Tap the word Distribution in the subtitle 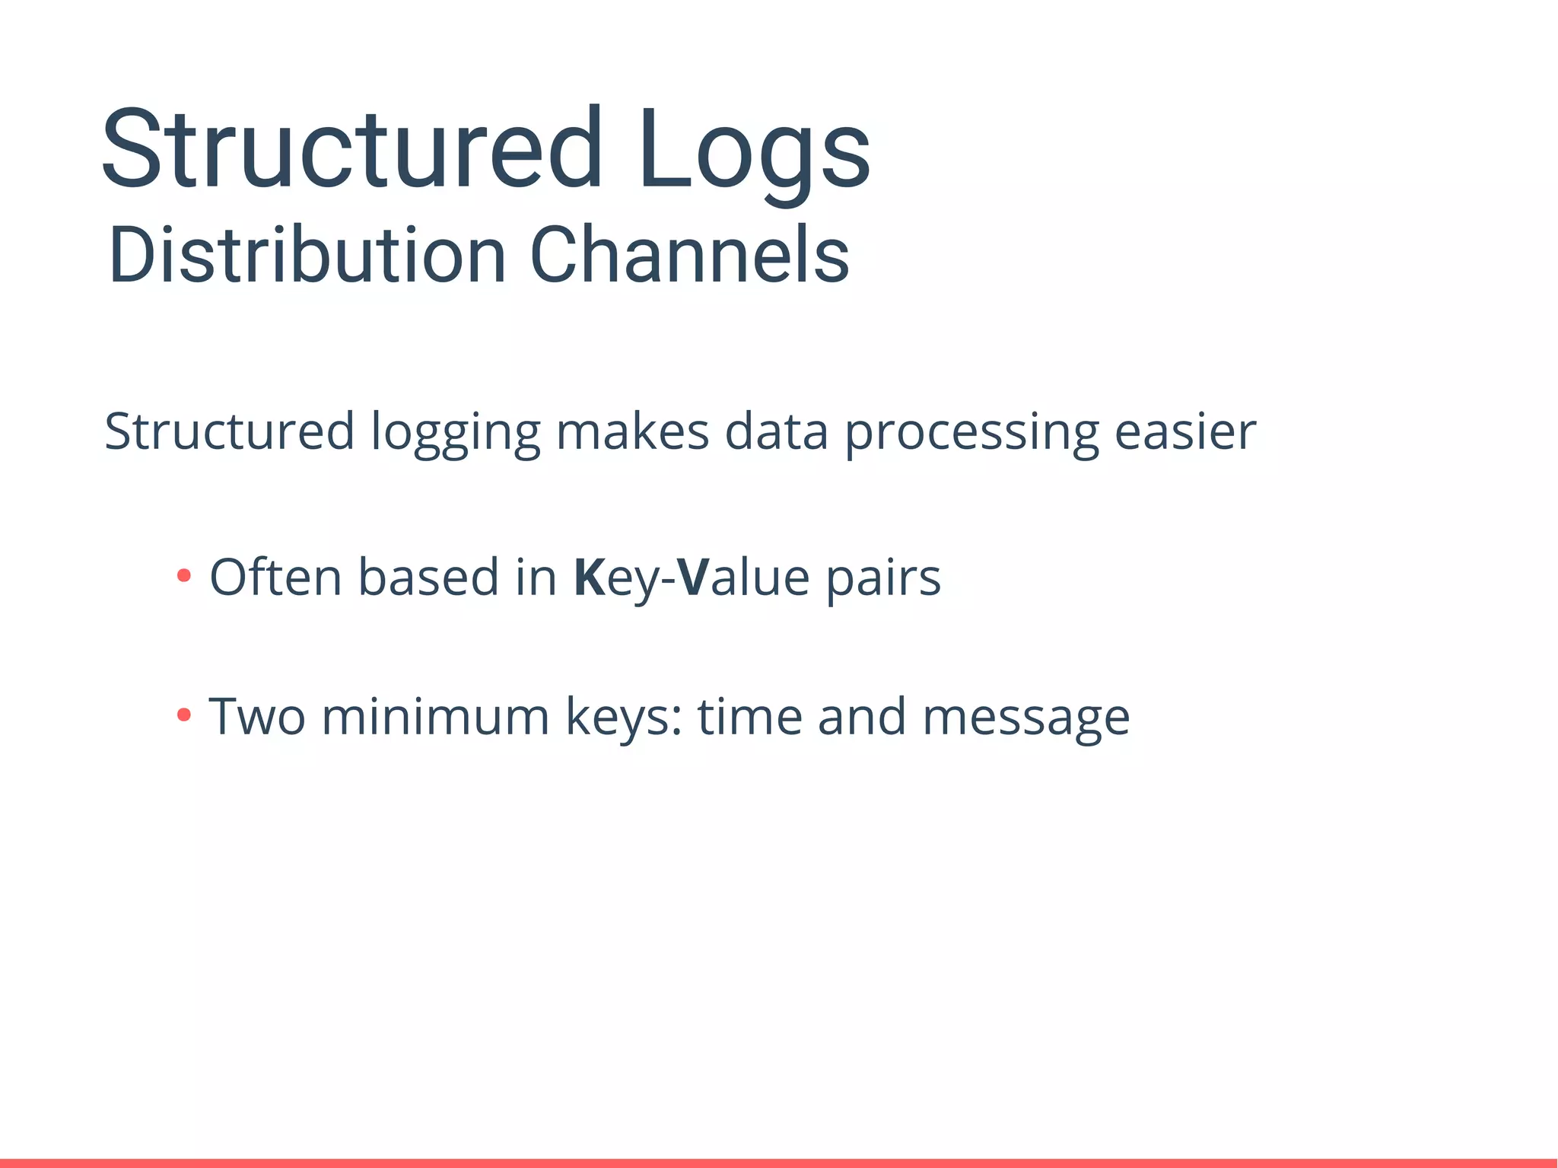coord(307,256)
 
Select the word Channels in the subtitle coord(688,256)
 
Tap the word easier coord(1184,432)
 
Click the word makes coord(632,431)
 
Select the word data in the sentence coord(776,431)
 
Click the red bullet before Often coord(183,576)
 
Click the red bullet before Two coord(183,715)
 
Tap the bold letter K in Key coord(589,578)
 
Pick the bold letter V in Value coord(693,578)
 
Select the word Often coord(275,577)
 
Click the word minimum coord(435,717)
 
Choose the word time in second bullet coord(749,717)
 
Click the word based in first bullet coord(428,577)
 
